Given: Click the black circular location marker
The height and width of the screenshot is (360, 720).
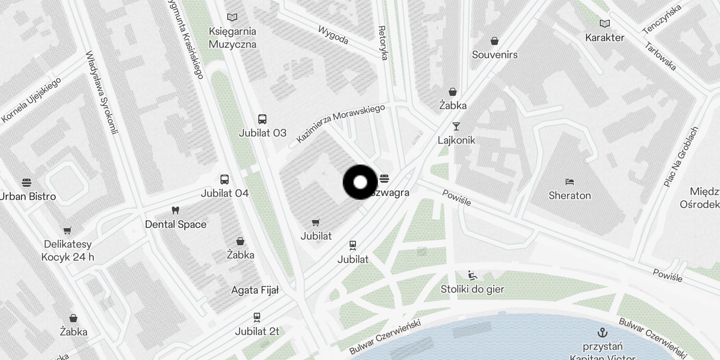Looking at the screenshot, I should (360, 182).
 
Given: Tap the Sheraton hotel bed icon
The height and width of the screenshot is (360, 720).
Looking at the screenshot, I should (569, 182).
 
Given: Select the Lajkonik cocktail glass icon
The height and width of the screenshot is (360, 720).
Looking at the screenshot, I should (456, 126).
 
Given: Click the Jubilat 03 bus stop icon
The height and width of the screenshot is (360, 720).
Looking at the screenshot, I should (262, 119).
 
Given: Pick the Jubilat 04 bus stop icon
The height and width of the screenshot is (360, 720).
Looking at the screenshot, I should (224, 180).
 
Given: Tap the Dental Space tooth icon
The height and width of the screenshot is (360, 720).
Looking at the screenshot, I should (175, 211).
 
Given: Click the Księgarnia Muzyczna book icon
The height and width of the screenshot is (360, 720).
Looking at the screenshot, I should (232, 18).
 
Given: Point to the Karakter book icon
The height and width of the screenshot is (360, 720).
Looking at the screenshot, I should (605, 24).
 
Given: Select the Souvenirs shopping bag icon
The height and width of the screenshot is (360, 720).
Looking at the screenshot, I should (495, 41).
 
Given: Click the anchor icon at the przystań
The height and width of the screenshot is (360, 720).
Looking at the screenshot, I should (602, 333).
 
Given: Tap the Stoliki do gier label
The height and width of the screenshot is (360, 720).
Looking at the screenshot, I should (472, 289).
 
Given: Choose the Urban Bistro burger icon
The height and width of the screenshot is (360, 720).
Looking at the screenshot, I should (27, 183).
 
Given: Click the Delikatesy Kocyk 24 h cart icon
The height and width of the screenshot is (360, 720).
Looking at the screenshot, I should (67, 231).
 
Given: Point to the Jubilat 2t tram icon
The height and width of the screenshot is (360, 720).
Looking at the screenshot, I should (257, 318).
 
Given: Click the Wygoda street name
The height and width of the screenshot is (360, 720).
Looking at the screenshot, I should (333, 35).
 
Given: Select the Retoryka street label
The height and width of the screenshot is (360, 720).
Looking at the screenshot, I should (383, 43).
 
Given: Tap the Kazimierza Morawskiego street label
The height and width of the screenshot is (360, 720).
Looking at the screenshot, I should (341, 123).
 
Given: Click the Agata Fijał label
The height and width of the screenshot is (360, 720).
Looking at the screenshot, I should (255, 290).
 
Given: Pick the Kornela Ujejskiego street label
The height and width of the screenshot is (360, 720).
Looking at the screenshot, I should (31, 100).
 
